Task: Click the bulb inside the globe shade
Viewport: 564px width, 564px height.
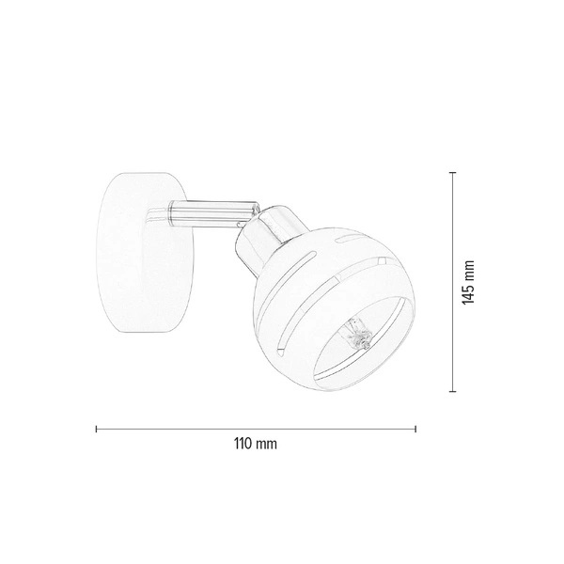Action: [x=356, y=334]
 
